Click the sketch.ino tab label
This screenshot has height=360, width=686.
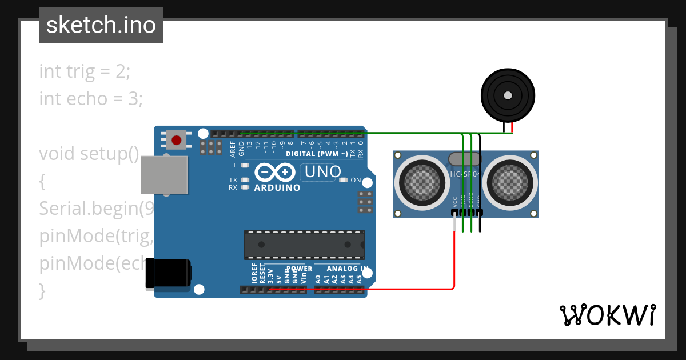pyautogui.click(x=101, y=25)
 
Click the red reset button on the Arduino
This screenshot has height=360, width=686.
pyautogui.click(x=177, y=140)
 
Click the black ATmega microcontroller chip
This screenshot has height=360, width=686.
pyautogui.click(x=304, y=244)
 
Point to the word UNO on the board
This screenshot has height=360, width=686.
pyautogui.click(x=323, y=171)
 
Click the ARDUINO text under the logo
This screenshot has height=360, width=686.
pyautogui.click(x=277, y=188)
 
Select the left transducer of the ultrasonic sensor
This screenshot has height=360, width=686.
pyautogui.click(x=424, y=182)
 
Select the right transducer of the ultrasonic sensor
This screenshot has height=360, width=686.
pyautogui.click(x=510, y=182)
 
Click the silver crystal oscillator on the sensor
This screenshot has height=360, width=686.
pyautogui.click(x=464, y=159)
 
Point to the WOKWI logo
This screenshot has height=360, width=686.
pyautogui.click(x=607, y=315)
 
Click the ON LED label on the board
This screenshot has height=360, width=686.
pyautogui.click(x=356, y=181)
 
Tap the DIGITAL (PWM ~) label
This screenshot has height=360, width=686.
pyautogui.click(x=317, y=154)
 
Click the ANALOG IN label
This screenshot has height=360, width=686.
pyautogui.click(x=348, y=269)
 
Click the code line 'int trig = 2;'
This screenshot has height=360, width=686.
pyautogui.click(x=85, y=71)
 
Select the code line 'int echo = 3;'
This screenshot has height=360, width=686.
pyautogui.click(x=91, y=99)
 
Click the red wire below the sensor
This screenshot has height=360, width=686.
pyautogui.click(x=454, y=257)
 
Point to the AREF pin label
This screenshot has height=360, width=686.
pyautogui.click(x=233, y=149)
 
